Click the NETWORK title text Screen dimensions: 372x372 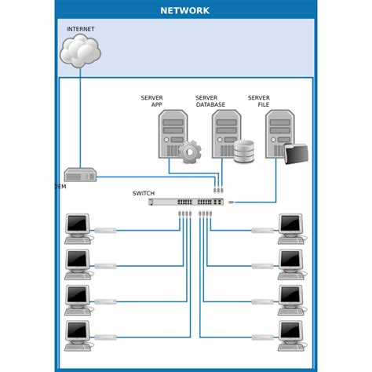(185, 11)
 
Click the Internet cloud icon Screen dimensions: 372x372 (81, 52)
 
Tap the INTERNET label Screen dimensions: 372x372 (80, 29)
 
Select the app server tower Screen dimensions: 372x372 (173, 133)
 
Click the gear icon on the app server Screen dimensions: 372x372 (189, 151)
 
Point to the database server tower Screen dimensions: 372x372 (225, 133)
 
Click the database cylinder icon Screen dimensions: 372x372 (244, 151)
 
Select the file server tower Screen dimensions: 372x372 (279, 133)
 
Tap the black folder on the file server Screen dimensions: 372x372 (297, 154)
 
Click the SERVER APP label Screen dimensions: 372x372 (152, 101)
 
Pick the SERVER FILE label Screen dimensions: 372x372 (260, 101)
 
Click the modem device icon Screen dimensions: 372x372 (80, 176)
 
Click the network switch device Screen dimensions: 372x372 (189, 202)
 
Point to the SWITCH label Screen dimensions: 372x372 (144, 193)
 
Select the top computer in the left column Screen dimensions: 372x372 (78, 228)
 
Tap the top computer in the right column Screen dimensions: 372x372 (291, 228)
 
